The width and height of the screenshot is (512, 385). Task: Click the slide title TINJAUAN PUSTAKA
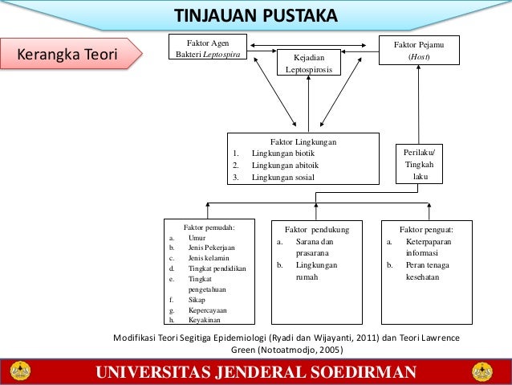[257, 17]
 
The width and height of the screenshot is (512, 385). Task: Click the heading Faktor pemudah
[209, 227]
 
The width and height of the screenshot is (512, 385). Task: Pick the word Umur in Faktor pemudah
[197, 238]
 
